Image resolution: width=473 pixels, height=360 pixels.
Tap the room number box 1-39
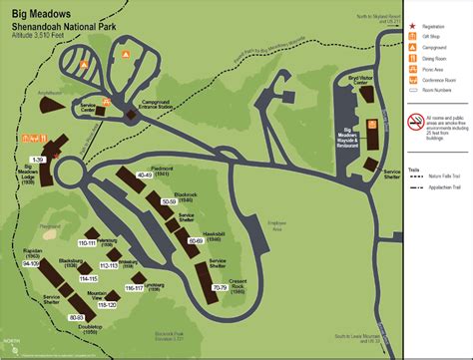[x=39, y=160]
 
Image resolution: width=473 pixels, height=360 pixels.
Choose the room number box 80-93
[x=76, y=317]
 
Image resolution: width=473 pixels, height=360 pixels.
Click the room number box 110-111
[x=86, y=243]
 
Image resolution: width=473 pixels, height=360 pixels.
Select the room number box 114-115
[x=87, y=279]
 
